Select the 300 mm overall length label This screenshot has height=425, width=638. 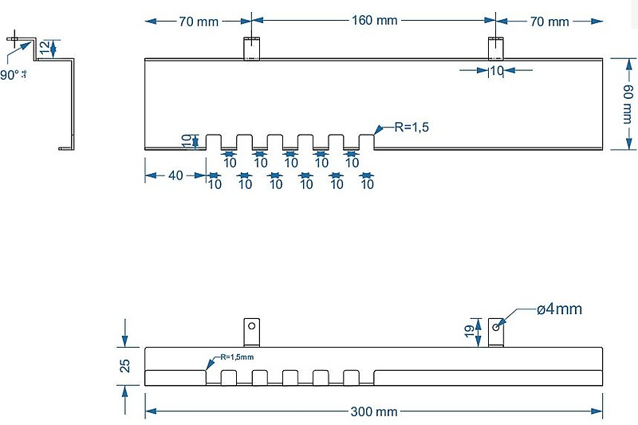(374, 411)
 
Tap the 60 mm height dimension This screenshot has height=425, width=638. (628, 103)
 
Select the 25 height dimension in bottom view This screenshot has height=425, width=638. (125, 366)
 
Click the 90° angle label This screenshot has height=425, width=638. (11, 74)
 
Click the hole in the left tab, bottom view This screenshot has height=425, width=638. (252, 325)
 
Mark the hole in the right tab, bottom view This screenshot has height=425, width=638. (496, 326)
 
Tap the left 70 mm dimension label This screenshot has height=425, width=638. (198, 22)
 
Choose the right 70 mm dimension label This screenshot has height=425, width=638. (549, 22)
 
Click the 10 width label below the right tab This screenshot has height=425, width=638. (496, 71)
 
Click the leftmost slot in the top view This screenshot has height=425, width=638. (214, 142)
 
